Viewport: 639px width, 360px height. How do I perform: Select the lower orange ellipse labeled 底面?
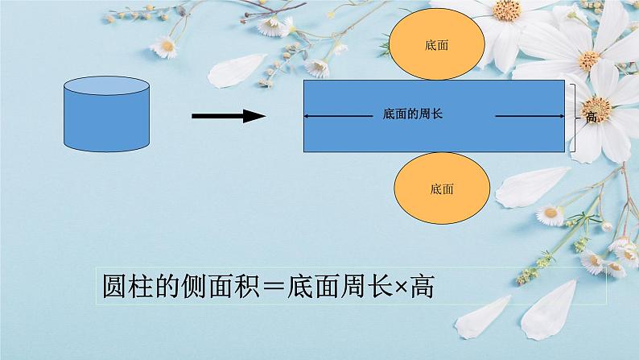point(442,189)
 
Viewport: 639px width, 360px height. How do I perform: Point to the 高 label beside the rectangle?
point(591,118)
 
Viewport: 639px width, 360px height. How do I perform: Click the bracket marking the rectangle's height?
point(575,116)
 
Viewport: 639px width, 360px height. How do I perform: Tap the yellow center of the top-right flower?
point(507,10)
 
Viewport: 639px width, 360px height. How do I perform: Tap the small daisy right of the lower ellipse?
point(552,215)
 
